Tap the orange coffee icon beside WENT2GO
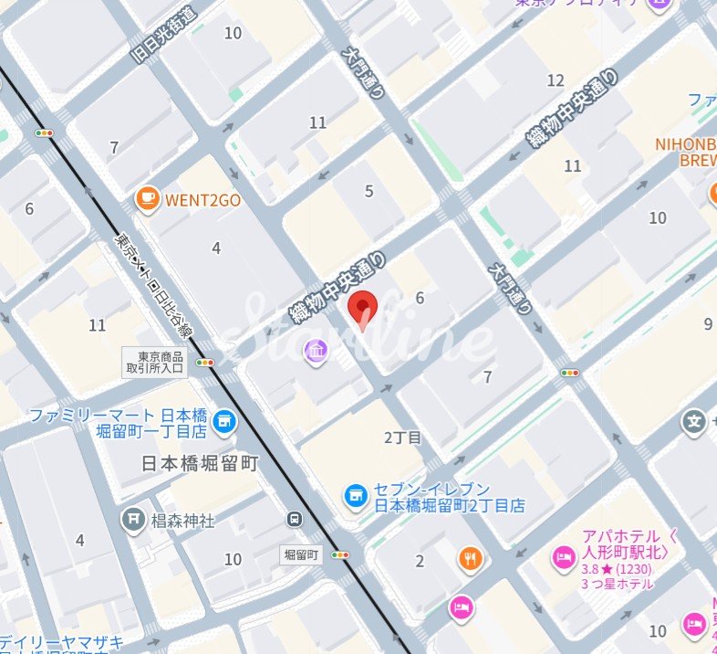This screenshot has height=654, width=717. pyautogui.click(x=146, y=198)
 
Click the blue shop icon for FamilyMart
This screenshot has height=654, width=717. pyautogui.click(x=223, y=423)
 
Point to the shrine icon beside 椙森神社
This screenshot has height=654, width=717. pyautogui.click(x=134, y=520)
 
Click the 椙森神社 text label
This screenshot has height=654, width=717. pyautogui.click(x=182, y=521)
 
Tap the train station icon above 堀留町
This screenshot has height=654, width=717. pyautogui.click(x=295, y=520)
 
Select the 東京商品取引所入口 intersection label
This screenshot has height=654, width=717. pyautogui.click(x=154, y=363)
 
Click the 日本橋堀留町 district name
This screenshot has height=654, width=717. pyautogui.click(x=200, y=463)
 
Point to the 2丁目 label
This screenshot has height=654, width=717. pyautogui.click(x=402, y=438)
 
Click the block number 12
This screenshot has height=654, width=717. pyautogui.click(x=556, y=80)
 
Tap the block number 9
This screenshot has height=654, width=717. pyautogui.click(x=708, y=323)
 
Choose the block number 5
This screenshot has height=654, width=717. pyautogui.click(x=369, y=191)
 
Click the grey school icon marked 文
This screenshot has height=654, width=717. pyautogui.click(x=695, y=422)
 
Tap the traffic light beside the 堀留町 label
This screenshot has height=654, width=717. pyautogui.click(x=343, y=554)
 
